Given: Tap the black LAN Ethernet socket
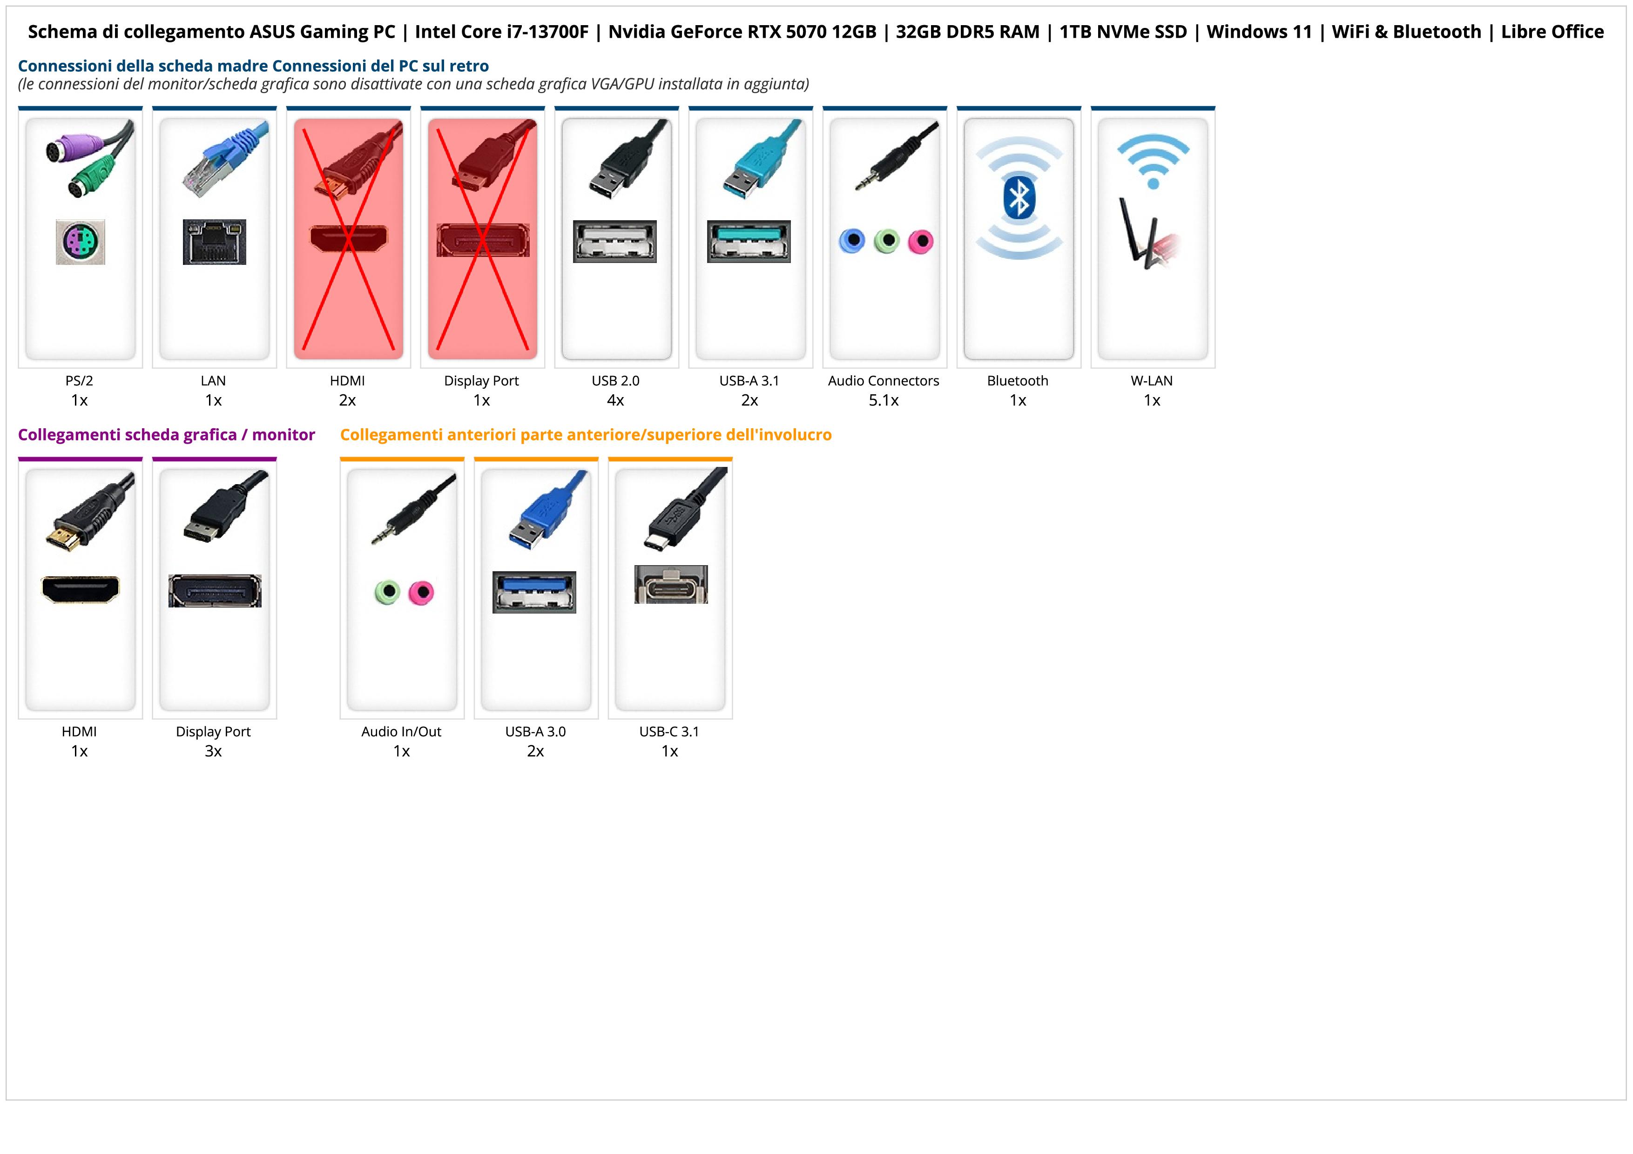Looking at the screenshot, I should (x=214, y=242).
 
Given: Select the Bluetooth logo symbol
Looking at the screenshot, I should (x=1019, y=198).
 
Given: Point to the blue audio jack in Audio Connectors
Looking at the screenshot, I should (x=852, y=241).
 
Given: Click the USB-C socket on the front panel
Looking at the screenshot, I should (x=671, y=585).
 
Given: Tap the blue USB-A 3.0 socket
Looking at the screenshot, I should (x=534, y=592).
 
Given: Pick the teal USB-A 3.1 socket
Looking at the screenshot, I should (x=749, y=241).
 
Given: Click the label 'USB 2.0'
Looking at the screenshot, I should (x=615, y=380).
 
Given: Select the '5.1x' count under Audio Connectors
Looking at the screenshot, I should (x=884, y=400).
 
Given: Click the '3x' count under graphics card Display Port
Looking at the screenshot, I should (x=213, y=751).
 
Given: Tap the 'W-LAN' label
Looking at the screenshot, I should (x=1152, y=380).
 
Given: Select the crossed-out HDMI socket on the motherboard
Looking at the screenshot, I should (x=349, y=238).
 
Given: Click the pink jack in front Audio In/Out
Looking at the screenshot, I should (x=422, y=592).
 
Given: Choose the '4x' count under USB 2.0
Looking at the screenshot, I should (x=615, y=400).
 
